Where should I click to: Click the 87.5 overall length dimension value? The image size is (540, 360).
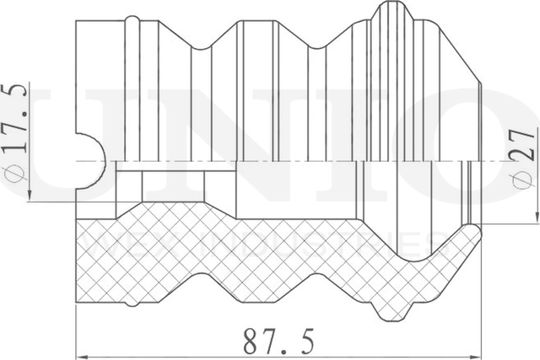click(278, 341)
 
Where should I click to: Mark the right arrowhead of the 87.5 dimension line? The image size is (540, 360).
click(475, 353)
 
